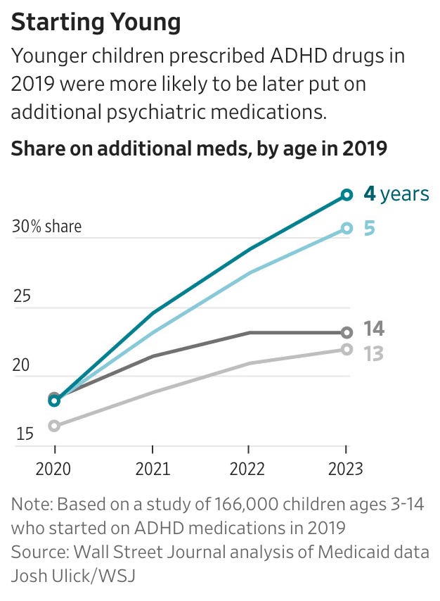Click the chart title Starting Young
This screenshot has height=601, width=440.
click(x=96, y=23)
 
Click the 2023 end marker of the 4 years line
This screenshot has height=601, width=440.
click(x=346, y=194)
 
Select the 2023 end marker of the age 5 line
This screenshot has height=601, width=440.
click(x=346, y=227)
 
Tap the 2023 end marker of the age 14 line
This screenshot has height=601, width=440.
click(x=346, y=332)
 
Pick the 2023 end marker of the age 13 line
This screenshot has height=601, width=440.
click(x=346, y=349)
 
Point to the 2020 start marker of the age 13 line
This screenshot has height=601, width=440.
click(x=55, y=425)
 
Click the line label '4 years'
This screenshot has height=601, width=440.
click(x=396, y=194)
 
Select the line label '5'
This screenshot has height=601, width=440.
click(x=369, y=228)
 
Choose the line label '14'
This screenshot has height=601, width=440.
click(x=373, y=329)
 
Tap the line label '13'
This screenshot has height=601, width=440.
click(x=373, y=353)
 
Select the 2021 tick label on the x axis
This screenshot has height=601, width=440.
click(x=152, y=469)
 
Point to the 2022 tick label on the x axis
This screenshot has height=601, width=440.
click(x=248, y=469)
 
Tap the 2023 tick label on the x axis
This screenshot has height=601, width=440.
click(x=345, y=469)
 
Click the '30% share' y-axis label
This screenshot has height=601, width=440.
click(x=46, y=227)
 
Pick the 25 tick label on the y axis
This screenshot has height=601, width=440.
click(x=23, y=296)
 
